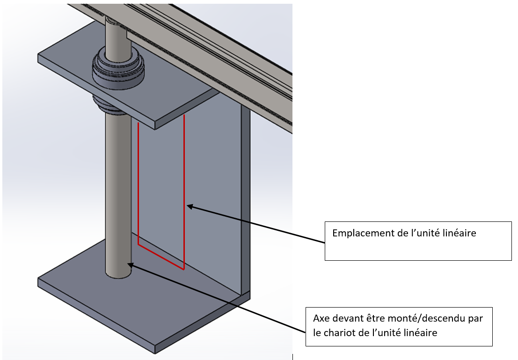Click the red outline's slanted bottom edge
pos(161,257)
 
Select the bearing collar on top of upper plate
pos(118,68)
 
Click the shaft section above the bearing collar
pos(115,37)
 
